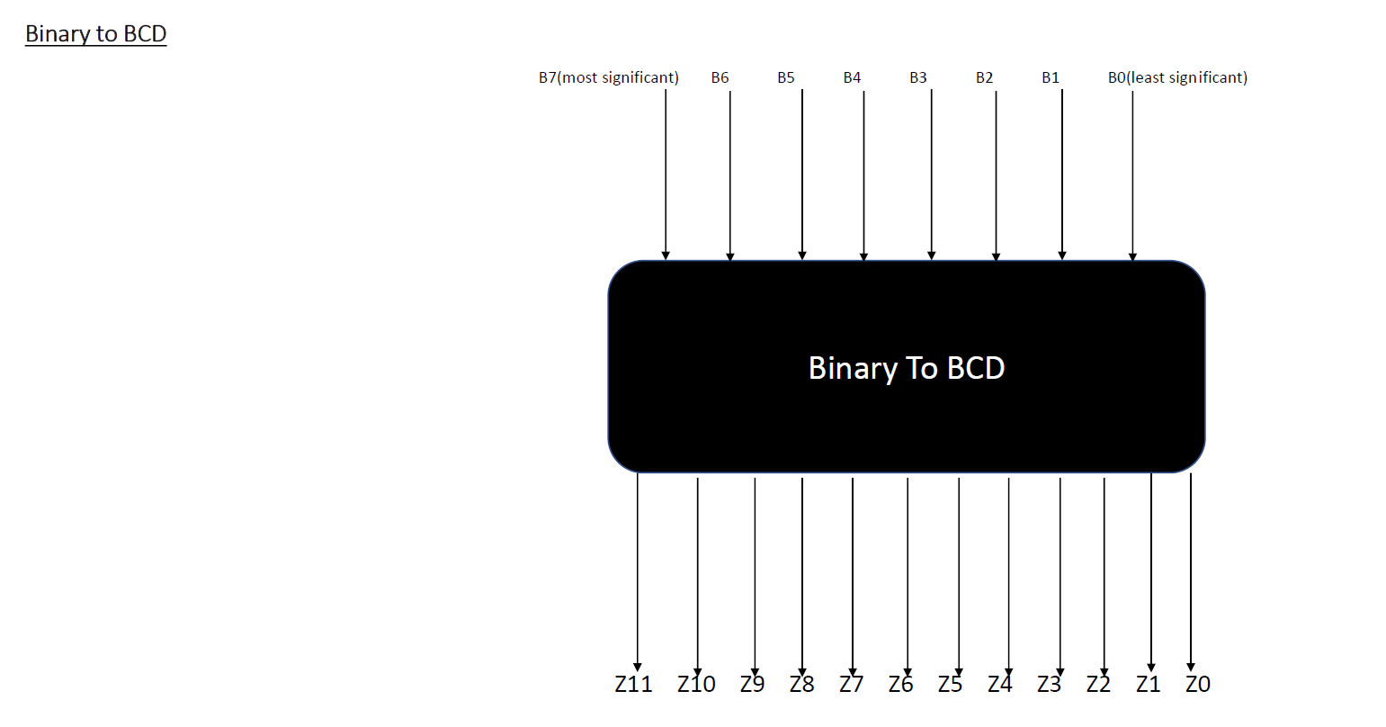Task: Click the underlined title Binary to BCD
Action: click(x=95, y=34)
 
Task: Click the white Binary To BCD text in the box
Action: click(x=906, y=368)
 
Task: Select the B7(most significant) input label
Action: click(x=608, y=77)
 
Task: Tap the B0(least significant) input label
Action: click(x=1177, y=77)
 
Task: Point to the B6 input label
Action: click(x=720, y=77)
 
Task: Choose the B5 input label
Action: click(x=786, y=77)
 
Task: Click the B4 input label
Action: click(x=852, y=77)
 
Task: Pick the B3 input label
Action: click(x=917, y=77)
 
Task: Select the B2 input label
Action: click(x=984, y=77)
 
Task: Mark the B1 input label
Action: click(x=1051, y=77)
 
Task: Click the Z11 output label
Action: click(x=633, y=685)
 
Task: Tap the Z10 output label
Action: click(x=696, y=685)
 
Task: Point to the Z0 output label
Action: click(x=1198, y=685)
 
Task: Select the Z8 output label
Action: click(x=801, y=685)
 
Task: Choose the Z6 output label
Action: click(x=900, y=685)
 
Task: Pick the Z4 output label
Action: click(x=999, y=685)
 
